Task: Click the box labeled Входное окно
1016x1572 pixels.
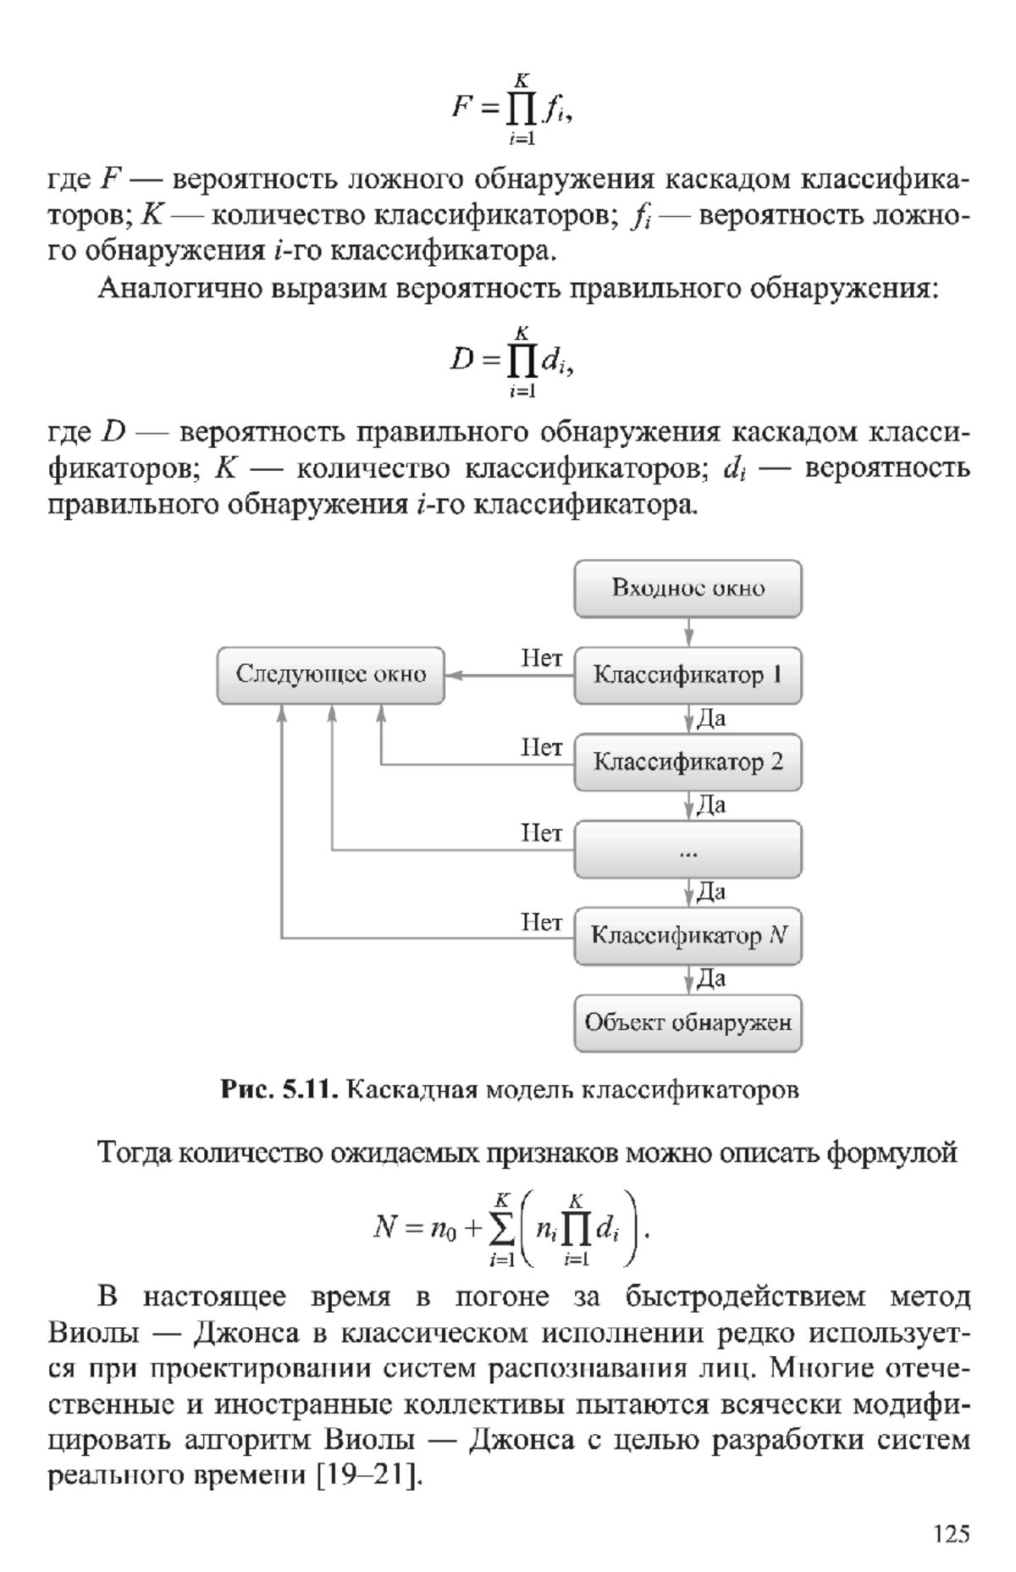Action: pos(687,589)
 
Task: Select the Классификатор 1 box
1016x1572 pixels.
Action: pos(687,676)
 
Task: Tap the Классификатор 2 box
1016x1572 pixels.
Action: pos(687,762)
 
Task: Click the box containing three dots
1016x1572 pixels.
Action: pos(687,850)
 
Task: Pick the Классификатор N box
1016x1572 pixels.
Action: pos(687,936)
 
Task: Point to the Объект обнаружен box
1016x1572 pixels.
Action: pos(687,1023)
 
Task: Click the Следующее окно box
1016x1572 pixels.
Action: pos(331,676)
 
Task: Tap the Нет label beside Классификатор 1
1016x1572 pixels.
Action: pos(541,658)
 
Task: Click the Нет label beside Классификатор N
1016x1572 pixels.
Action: pos(541,922)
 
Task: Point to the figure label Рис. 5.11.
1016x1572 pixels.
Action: pos(280,1090)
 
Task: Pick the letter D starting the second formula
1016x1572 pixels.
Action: pos(462,362)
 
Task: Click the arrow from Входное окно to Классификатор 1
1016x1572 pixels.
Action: pos(688,633)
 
